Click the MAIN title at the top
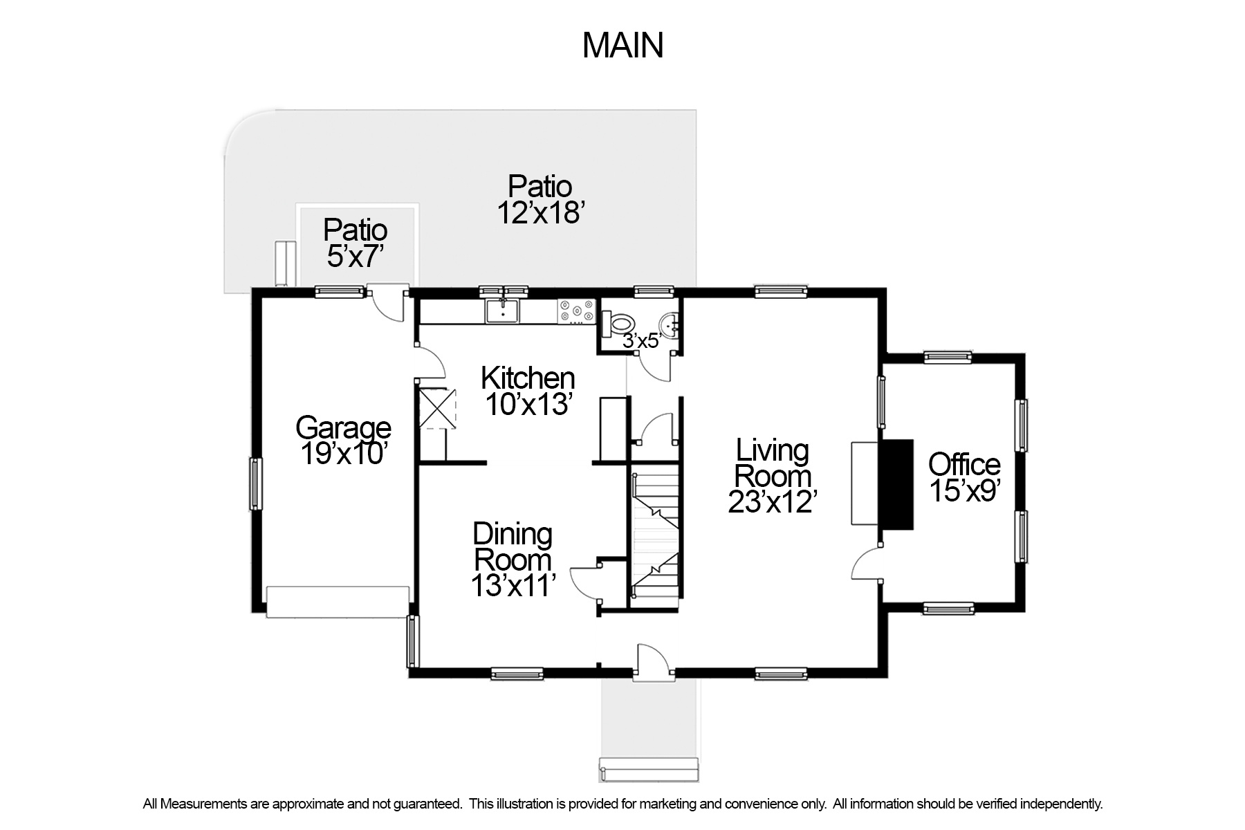[622, 46]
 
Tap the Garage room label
[343, 441]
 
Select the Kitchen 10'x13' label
[528, 391]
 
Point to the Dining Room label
[513, 560]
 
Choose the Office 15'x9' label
[964, 477]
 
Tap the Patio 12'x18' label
[540, 199]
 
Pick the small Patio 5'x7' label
[355, 243]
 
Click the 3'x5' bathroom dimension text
[643, 340]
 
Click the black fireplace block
[896, 484]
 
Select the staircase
[655, 531]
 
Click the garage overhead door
[338, 602]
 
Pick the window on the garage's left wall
[256, 483]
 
